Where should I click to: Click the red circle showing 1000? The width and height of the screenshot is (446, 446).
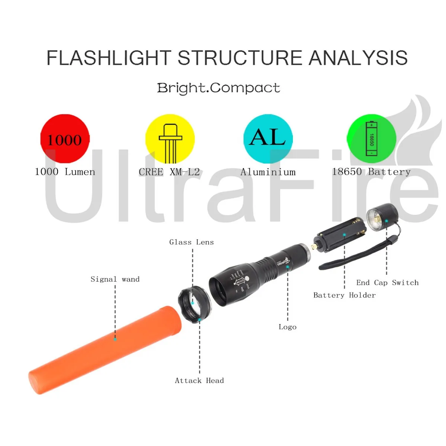(x=65, y=139)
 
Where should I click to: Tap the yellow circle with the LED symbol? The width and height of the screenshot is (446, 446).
(x=170, y=139)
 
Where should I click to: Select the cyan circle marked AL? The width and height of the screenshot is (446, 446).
(x=268, y=139)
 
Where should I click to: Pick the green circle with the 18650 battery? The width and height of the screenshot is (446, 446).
(x=371, y=139)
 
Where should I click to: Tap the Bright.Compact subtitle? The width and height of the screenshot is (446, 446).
(x=219, y=88)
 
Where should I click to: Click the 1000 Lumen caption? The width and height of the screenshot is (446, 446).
(x=65, y=172)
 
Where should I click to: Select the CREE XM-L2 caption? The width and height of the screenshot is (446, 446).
(x=169, y=172)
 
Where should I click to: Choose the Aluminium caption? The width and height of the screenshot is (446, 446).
(x=268, y=172)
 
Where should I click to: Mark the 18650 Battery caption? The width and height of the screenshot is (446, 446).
(x=371, y=172)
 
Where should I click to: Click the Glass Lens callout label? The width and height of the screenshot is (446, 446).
(x=191, y=242)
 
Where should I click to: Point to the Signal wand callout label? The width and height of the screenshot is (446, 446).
(x=115, y=279)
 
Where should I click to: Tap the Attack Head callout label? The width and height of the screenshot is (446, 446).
(x=200, y=381)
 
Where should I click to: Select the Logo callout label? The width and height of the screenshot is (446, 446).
(x=288, y=327)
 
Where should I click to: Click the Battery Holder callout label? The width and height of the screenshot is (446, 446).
(x=345, y=295)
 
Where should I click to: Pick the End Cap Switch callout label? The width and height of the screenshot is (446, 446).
(x=387, y=283)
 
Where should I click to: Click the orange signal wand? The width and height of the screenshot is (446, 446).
(x=104, y=349)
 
